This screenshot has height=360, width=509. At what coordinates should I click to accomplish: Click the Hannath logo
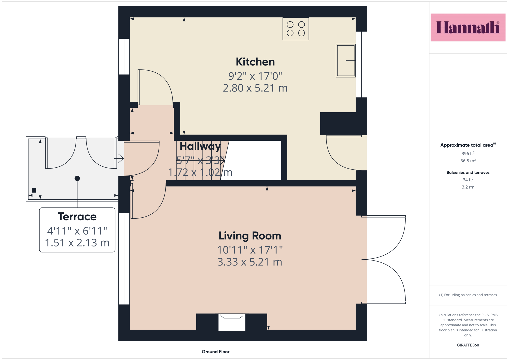click(x=468, y=27)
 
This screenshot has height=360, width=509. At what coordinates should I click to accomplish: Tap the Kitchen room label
click(x=255, y=62)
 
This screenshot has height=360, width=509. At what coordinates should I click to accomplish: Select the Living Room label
click(x=250, y=236)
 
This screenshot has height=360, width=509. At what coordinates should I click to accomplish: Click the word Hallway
click(x=200, y=146)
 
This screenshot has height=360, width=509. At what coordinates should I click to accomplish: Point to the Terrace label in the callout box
click(x=77, y=216)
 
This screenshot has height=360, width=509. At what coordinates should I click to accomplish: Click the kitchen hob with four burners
click(x=296, y=29)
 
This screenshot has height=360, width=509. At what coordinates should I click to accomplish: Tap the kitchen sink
click(x=346, y=61)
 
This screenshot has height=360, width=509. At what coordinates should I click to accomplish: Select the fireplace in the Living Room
click(x=232, y=322)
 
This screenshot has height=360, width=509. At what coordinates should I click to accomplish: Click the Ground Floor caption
click(x=216, y=352)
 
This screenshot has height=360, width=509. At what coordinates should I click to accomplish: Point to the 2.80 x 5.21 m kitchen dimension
click(x=255, y=88)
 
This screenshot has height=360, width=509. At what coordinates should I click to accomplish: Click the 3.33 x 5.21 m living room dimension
click(x=250, y=262)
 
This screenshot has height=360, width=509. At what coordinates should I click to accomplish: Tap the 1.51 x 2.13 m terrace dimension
click(x=77, y=243)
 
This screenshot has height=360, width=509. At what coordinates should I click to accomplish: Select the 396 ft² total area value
click(x=468, y=153)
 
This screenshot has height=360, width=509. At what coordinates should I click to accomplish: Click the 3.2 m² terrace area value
click(x=468, y=187)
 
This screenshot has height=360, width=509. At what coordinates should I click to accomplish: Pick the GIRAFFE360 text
click(x=468, y=345)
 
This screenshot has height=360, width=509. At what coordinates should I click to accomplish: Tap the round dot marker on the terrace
click(x=77, y=178)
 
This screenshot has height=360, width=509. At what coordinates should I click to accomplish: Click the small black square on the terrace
click(x=34, y=190)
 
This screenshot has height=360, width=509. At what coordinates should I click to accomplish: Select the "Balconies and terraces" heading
click(x=468, y=173)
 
